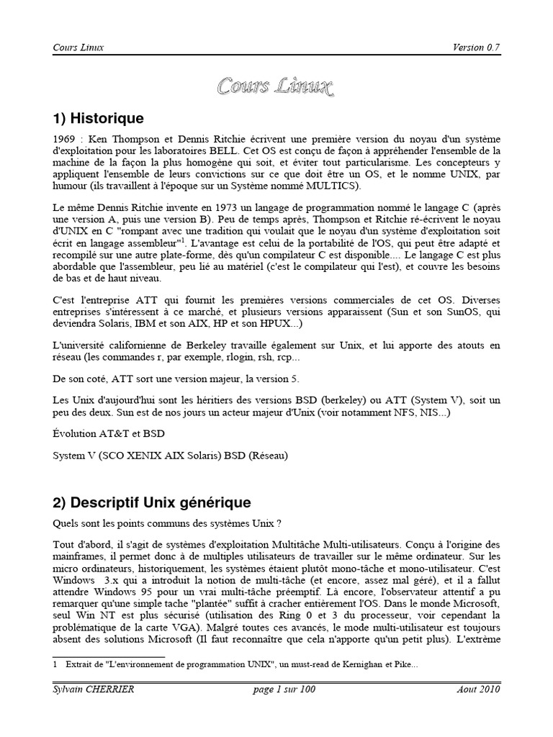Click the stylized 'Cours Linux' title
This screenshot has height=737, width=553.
point(276,88)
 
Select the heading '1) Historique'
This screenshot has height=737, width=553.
point(99,118)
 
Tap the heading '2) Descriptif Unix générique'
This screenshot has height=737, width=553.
point(152,501)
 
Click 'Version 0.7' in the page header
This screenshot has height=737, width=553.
point(476,48)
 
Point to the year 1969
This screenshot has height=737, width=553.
point(64,138)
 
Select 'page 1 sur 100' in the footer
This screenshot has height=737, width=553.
point(284,689)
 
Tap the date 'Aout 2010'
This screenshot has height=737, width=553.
point(478,689)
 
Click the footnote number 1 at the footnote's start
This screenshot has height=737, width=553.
point(55,665)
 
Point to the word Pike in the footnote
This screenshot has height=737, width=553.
point(398,665)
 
